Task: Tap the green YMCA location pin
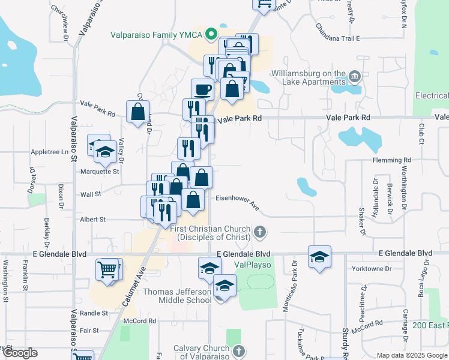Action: click(211, 34)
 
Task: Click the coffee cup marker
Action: click(202, 90)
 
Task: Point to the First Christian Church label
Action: click(212, 232)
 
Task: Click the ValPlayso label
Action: click(253, 265)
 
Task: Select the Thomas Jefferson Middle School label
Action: click(178, 296)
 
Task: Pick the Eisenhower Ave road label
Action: click(238, 201)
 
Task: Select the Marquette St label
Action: click(100, 171)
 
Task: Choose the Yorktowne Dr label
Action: click(371, 268)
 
